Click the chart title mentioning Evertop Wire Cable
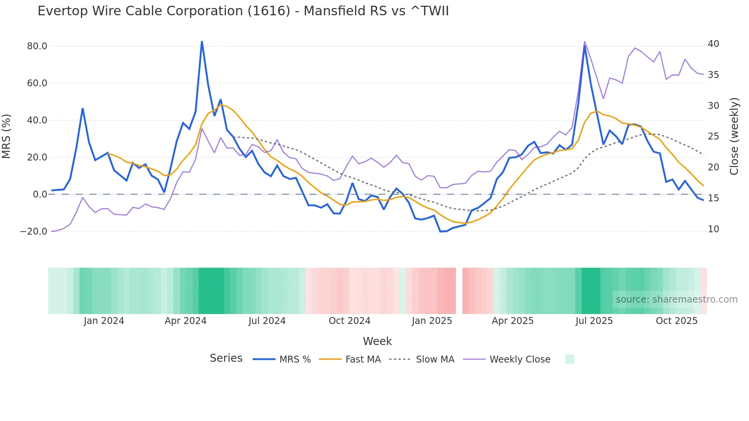(243, 11)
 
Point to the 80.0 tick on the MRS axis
(37, 46)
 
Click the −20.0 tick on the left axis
(34, 232)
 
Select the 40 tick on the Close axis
(713, 44)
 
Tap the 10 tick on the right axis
(713, 229)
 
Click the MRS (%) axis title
(6, 136)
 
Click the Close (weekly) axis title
(734, 136)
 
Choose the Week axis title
(377, 341)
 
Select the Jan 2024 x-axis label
(104, 321)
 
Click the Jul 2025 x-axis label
(594, 321)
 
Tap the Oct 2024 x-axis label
(349, 321)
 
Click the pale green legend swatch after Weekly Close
(569, 359)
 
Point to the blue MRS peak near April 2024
(202, 42)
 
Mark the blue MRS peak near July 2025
(585, 46)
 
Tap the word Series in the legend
(226, 358)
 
